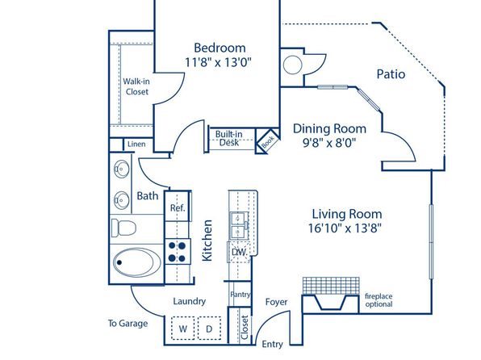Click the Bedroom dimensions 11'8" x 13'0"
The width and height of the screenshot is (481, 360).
point(218,62)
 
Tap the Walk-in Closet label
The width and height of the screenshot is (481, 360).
point(136,86)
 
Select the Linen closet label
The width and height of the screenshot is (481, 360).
point(136,144)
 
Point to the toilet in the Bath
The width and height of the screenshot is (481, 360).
point(123,228)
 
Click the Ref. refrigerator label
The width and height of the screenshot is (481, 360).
point(178,207)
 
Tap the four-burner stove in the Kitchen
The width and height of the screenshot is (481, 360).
point(178,252)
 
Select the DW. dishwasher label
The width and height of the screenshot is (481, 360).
point(239,253)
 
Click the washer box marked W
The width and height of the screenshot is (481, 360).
point(183,328)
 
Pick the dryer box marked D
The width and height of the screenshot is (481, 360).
point(209,328)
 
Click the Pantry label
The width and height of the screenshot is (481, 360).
point(240,295)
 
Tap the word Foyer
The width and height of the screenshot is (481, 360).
point(276,302)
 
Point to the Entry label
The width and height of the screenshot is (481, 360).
point(273,345)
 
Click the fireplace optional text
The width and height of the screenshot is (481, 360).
point(379,300)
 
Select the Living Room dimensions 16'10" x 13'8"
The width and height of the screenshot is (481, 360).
point(345,228)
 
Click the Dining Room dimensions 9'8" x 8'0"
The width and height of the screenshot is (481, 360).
point(329,143)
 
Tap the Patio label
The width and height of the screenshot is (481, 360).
point(391,74)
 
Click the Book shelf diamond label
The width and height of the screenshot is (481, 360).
point(268,141)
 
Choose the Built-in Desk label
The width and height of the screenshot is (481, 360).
point(229,138)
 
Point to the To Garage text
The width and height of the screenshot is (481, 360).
point(128,324)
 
